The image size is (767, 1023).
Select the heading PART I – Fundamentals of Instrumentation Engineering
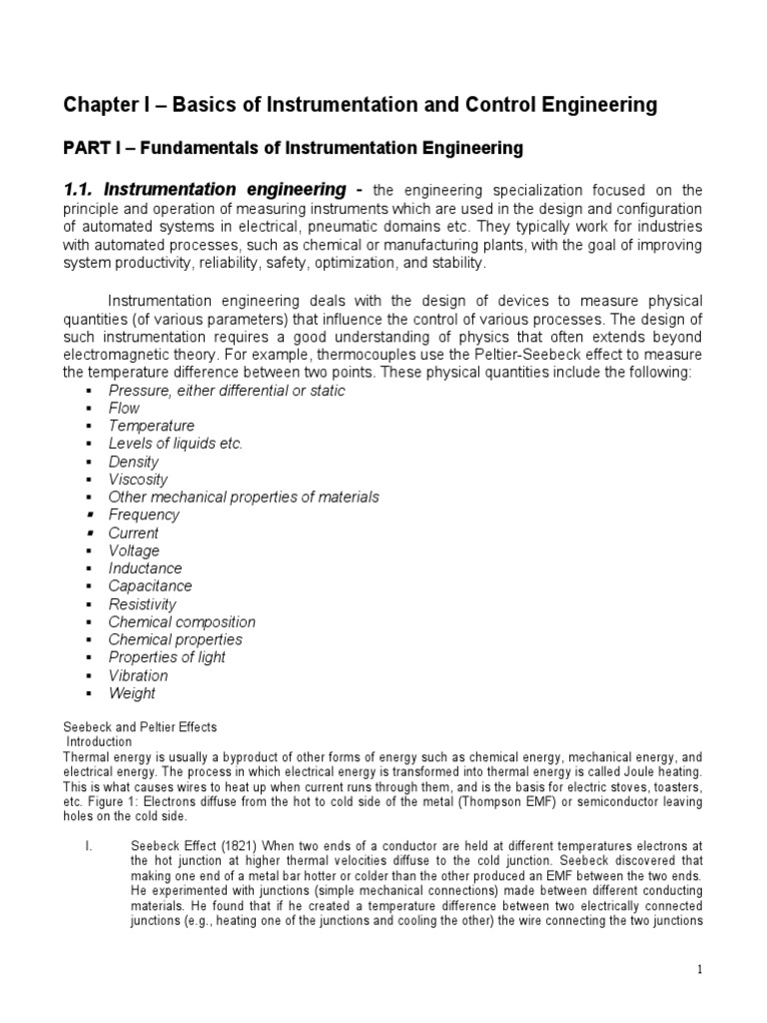tap(294, 149)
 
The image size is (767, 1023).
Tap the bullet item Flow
tap(124, 409)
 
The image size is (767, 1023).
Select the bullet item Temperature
tap(152, 427)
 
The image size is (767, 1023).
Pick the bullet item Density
tap(133, 462)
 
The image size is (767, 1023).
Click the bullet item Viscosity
tap(138, 480)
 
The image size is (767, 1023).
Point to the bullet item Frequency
tap(144, 515)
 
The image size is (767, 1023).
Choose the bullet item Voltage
tap(134, 550)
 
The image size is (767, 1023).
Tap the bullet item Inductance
tap(145, 568)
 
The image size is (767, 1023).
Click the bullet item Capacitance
tap(150, 586)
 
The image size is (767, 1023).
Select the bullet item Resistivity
tap(142, 604)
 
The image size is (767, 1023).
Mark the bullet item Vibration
tap(138, 675)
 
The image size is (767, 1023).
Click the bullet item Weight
tap(132, 693)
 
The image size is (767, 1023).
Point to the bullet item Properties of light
tap(167, 657)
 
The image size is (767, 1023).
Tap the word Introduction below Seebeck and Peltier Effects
tap(99, 742)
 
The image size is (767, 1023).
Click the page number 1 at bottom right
tap(703, 970)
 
